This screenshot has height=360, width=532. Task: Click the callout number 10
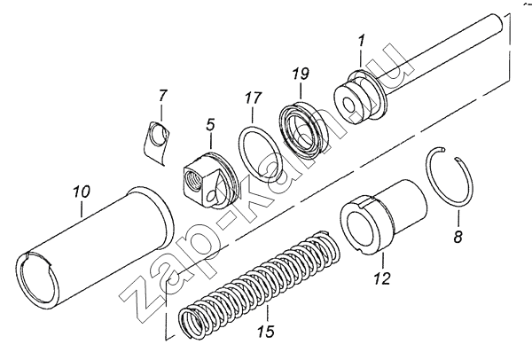81,191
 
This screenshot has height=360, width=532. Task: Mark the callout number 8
458,237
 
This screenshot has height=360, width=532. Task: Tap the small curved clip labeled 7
158,142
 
